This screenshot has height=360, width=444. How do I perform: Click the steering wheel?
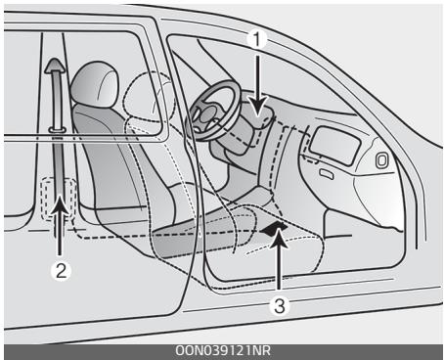209,113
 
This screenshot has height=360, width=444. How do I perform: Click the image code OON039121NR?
222,351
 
